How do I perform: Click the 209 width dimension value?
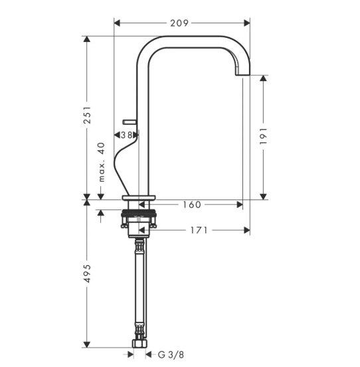[x=179, y=23]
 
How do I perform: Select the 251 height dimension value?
[x=88, y=115]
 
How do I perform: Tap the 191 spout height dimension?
[x=264, y=136]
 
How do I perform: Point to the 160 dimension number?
[x=192, y=205]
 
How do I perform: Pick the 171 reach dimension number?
[x=199, y=230]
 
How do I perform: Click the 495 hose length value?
[x=88, y=273]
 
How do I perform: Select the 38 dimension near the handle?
[x=126, y=135]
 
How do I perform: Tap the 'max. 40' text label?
[x=102, y=162]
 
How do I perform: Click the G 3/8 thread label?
[x=171, y=355]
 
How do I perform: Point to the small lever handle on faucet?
[x=130, y=122]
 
